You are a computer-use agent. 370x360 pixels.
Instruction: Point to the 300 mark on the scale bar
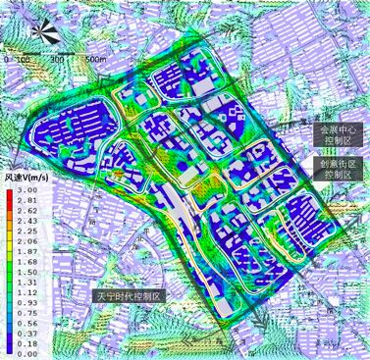[x=58, y=60]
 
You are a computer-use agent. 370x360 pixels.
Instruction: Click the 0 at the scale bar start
[x=8, y=60]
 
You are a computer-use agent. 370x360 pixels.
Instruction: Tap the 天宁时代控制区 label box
[x=132, y=296]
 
